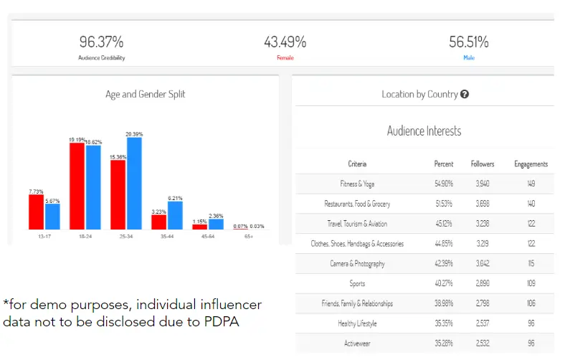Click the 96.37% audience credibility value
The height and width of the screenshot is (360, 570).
coord(102,42)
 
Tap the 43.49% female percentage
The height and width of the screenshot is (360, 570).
coord(285,42)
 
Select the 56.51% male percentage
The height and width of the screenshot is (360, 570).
coord(468,42)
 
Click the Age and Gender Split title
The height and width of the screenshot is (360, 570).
coord(146,94)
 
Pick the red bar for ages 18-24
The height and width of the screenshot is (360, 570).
coord(77,186)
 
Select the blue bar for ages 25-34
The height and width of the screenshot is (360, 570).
coord(134,183)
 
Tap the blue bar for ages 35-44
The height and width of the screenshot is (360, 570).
coord(175,215)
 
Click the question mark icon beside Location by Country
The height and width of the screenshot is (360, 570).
coord(465,94)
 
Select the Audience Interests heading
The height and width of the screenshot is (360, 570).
coord(424,131)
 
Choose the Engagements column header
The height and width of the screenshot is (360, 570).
coord(531,164)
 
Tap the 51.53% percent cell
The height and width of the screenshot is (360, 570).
coord(444,204)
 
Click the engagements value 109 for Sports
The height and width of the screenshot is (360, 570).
coord(531,284)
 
